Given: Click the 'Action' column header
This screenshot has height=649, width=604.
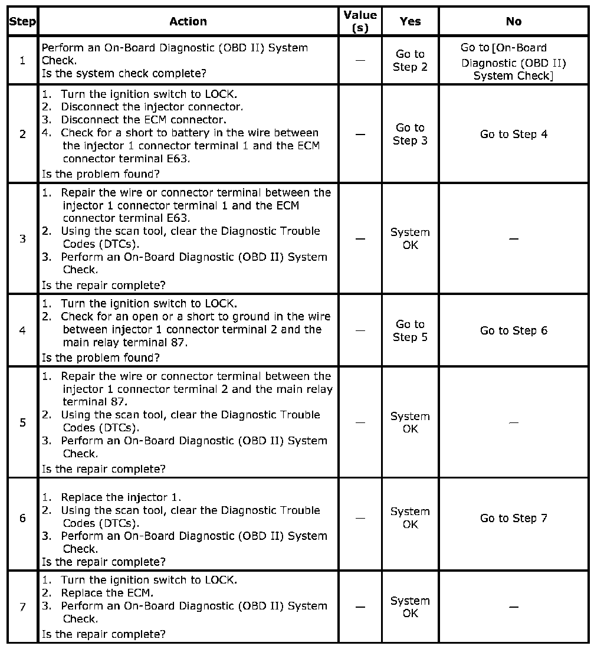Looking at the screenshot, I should click(188, 21).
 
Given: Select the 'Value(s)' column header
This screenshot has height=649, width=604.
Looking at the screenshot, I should click(360, 21).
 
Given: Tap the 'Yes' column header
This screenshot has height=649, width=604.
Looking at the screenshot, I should click(410, 21).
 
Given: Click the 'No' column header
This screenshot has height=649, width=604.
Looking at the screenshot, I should click(514, 21).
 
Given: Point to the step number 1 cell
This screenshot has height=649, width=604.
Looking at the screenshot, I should click(22, 60).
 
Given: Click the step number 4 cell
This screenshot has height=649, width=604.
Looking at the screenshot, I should click(22, 330).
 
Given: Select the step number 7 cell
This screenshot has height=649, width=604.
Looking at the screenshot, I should click(22, 607).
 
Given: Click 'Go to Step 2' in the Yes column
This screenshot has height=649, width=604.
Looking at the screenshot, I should click(410, 60).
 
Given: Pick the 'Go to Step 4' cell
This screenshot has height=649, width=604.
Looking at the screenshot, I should click(514, 134).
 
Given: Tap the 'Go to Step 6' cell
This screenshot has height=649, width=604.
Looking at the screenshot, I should click(514, 330).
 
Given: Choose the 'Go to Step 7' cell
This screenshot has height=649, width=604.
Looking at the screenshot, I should click(514, 518).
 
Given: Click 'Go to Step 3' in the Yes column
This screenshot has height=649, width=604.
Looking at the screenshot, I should click(410, 134).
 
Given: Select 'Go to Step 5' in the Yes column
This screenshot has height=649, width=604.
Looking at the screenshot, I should click(410, 330).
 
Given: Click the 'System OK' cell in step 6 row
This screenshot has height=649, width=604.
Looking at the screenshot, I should click(410, 518).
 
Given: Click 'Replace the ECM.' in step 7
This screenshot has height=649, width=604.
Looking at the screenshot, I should click(107, 593).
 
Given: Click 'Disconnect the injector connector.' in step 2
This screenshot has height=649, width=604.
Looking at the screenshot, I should click(152, 107).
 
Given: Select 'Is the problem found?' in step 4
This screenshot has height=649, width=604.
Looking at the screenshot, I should click(101, 357).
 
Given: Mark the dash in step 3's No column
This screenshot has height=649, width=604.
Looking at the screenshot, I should click(514, 239).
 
